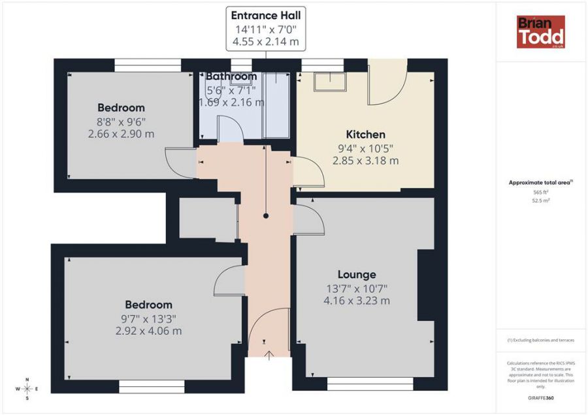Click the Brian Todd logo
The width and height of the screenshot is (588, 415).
pyautogui.click(x=540, y=32)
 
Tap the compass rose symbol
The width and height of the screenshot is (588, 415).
pyautogui.click(x=27, y=388)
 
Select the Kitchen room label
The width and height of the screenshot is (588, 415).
pyautogui.click(x=365, y=134)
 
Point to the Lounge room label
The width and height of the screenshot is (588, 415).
pyautogui.click(x=356, y=274)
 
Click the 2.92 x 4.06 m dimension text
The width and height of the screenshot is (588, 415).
pyautogui.click(x=148, y=331)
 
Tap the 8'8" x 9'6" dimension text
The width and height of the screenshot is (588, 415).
pyautogui.click(x=122, y=121)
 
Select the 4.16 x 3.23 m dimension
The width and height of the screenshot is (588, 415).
pyautogui.click(x=356, y=301)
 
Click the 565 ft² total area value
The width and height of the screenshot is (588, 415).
pyautogui.click(x=540, y=192)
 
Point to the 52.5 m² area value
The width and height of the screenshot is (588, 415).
pyautogui.click(x=540, y=201)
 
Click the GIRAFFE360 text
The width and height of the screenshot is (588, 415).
pyautogui.click(x=540, y=397)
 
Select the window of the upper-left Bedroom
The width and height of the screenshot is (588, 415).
pyautogui.click(x=148, y=65)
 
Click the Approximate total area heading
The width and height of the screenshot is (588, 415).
pyautogui.click(x=540, y=183)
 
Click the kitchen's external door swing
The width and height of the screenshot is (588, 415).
pyautogui.click(x=385, y=85)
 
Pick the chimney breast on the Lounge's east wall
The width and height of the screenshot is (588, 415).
pyautogui.click(x=426, y=285)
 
